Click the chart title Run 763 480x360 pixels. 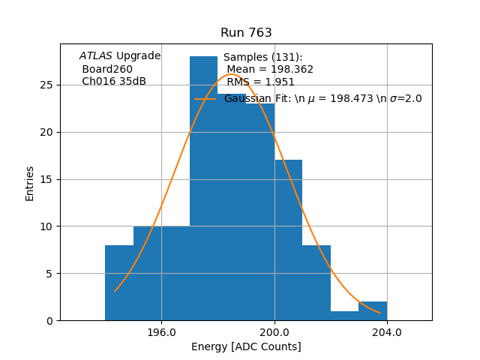pyautogui.click(x=246, y=33)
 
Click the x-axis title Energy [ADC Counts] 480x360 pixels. pyautogui.click(x=246, y=346)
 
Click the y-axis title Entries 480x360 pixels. pyautogui.click(x=30, y=183)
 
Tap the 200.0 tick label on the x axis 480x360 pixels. pyautogui.click(x=274, y=332)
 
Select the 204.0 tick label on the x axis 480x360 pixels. pyautogui.click(x=387, y=332)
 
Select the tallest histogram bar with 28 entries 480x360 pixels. pyautogui.click(x=203, y=187)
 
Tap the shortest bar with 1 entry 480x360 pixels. pyautogui.click(x=344, y=316)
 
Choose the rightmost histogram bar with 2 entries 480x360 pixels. pyautogui.click(x=373, y=311)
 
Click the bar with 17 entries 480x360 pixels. pyautogui.click(x=288, y=240)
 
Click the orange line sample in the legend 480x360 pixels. pyautogui.click(x=205, y=99)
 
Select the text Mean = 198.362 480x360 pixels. pyautogui.click(x=270, y=70)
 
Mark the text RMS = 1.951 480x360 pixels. pyautogui.click(x=261, y=82)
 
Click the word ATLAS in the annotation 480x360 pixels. pyautogui.click(x=96, y=56)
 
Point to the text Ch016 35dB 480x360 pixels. pyautogui.click(x=114, y=82)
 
